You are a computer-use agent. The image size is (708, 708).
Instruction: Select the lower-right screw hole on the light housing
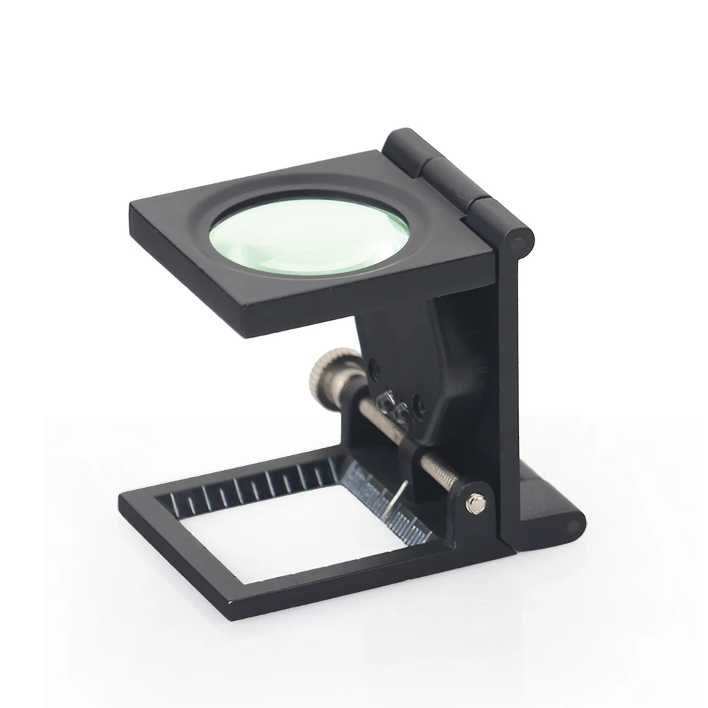pyautogui.click(x=418, y=406)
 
